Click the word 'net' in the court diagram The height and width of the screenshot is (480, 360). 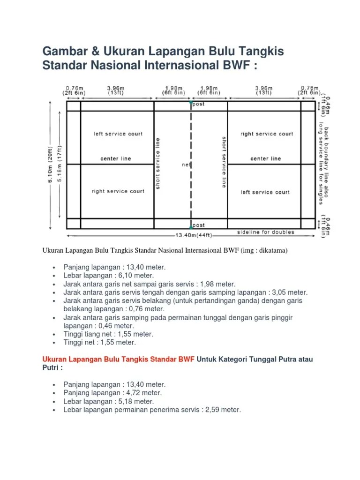186,165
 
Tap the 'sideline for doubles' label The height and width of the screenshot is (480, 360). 266,232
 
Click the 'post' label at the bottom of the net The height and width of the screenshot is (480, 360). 198,225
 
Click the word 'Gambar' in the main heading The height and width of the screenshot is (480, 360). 65,51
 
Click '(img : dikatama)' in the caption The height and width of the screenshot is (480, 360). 262,251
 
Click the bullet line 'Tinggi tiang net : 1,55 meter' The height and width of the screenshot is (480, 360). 108,334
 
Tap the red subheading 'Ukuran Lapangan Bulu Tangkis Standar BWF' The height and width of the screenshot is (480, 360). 118,359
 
